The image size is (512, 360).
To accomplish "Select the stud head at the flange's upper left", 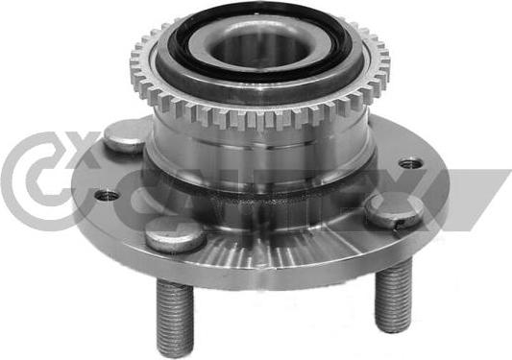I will [125, 137].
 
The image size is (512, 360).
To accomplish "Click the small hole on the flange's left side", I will [107, 195].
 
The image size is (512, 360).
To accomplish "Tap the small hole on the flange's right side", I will [411, 163].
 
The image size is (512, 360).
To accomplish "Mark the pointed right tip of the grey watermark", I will [507, 173].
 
